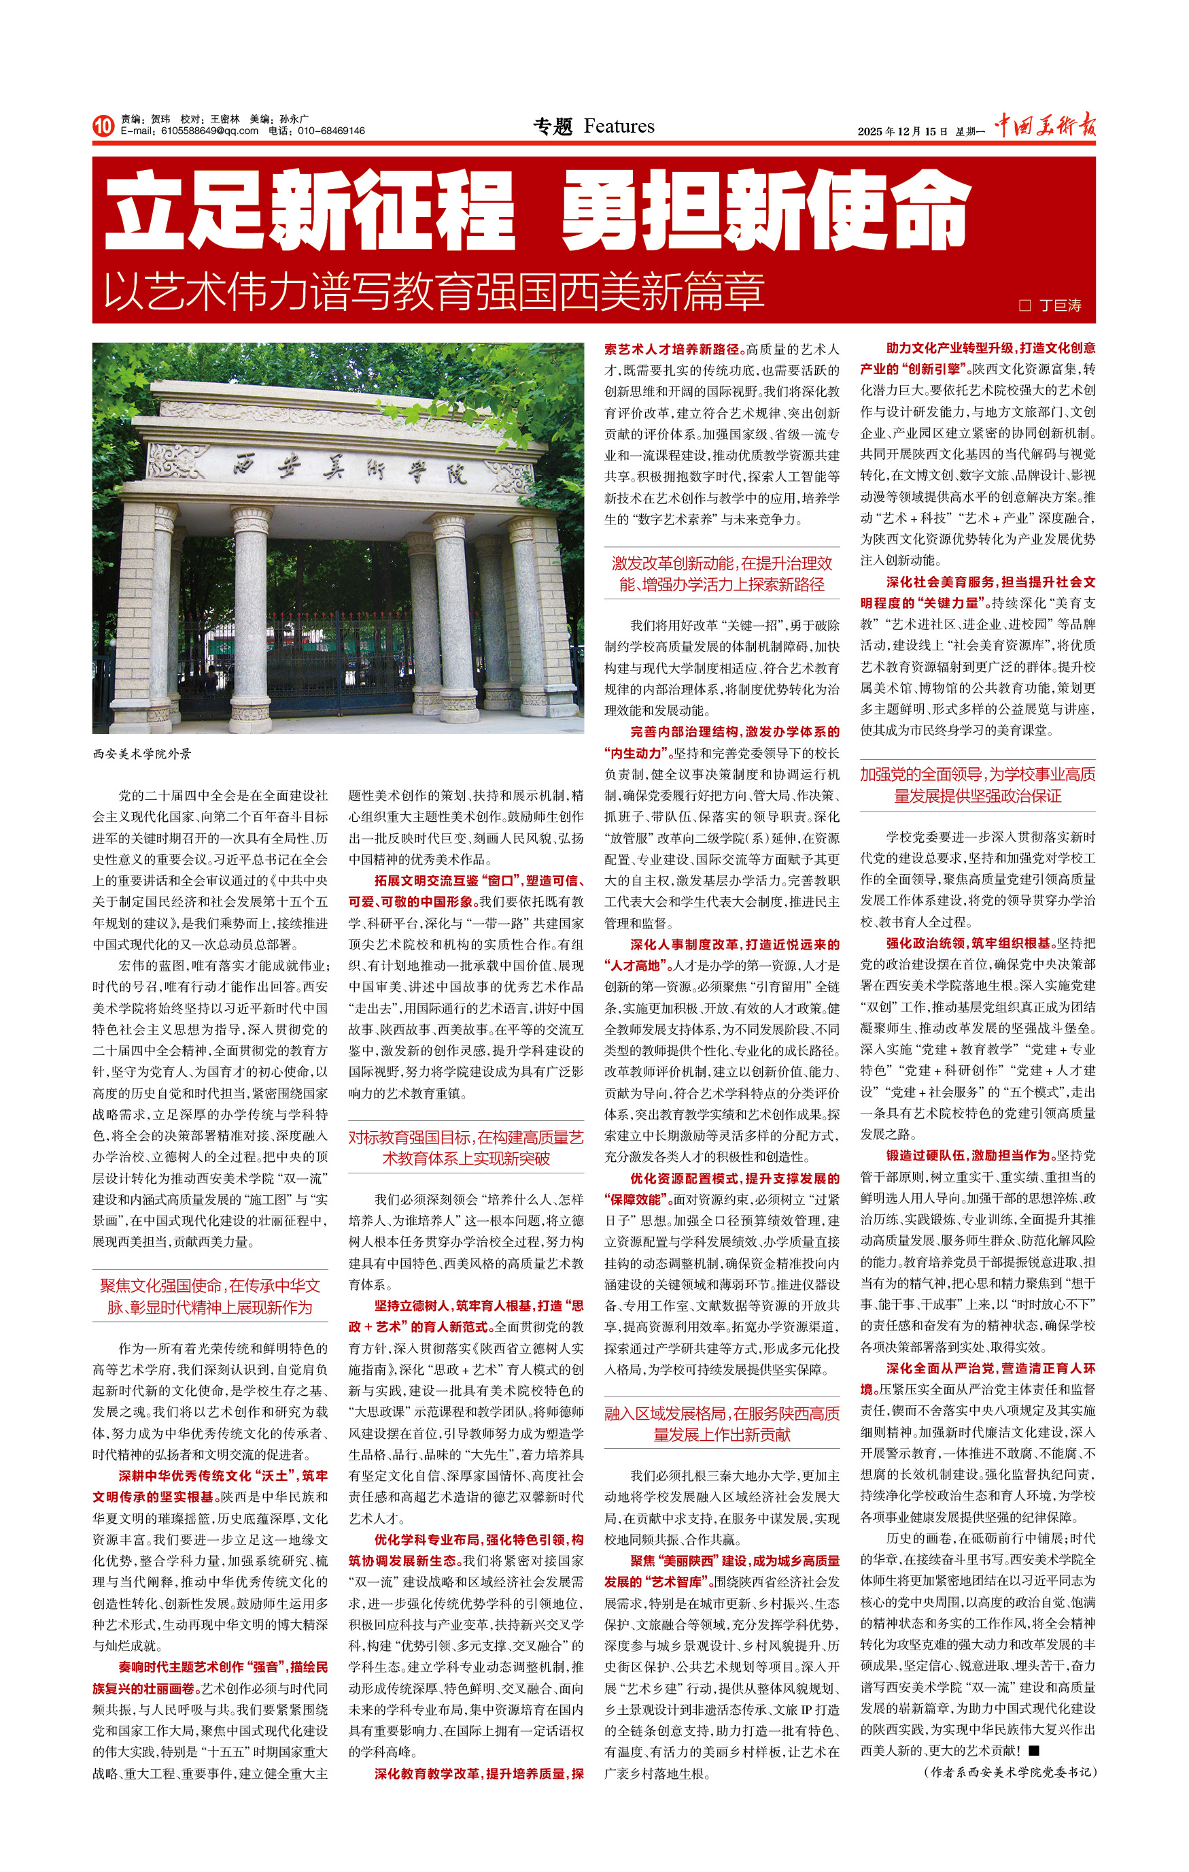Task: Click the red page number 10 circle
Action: [103, 126]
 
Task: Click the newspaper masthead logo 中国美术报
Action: [1046, 125]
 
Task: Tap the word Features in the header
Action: [619, 126]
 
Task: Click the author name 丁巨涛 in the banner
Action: [1060, 305]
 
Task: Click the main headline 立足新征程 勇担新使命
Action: [536, 212]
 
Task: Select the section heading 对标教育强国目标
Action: [466, 1148]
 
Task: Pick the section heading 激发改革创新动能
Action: [721, 573]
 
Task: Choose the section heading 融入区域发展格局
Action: [721, 1424]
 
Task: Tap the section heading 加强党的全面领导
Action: [977, 785]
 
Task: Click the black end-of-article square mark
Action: [1033, 1751]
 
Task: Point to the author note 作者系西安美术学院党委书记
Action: [1010, 1772]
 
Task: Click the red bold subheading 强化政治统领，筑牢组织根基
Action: [969, 943]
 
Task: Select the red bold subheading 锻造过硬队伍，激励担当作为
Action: [969, 1155]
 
